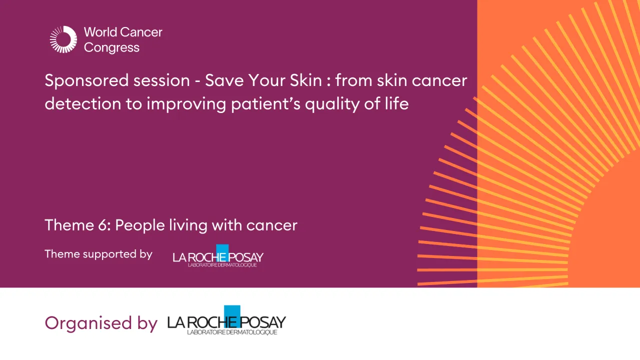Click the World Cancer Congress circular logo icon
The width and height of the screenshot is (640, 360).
[64, 39]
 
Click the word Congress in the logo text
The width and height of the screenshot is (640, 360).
[112, 48]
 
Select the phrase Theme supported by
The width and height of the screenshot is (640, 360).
[98, 254]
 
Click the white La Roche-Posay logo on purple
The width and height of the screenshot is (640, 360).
[218, 257]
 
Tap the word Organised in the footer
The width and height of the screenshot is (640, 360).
[88, 322]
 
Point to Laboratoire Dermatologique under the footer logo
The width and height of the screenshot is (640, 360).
[232, 332]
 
